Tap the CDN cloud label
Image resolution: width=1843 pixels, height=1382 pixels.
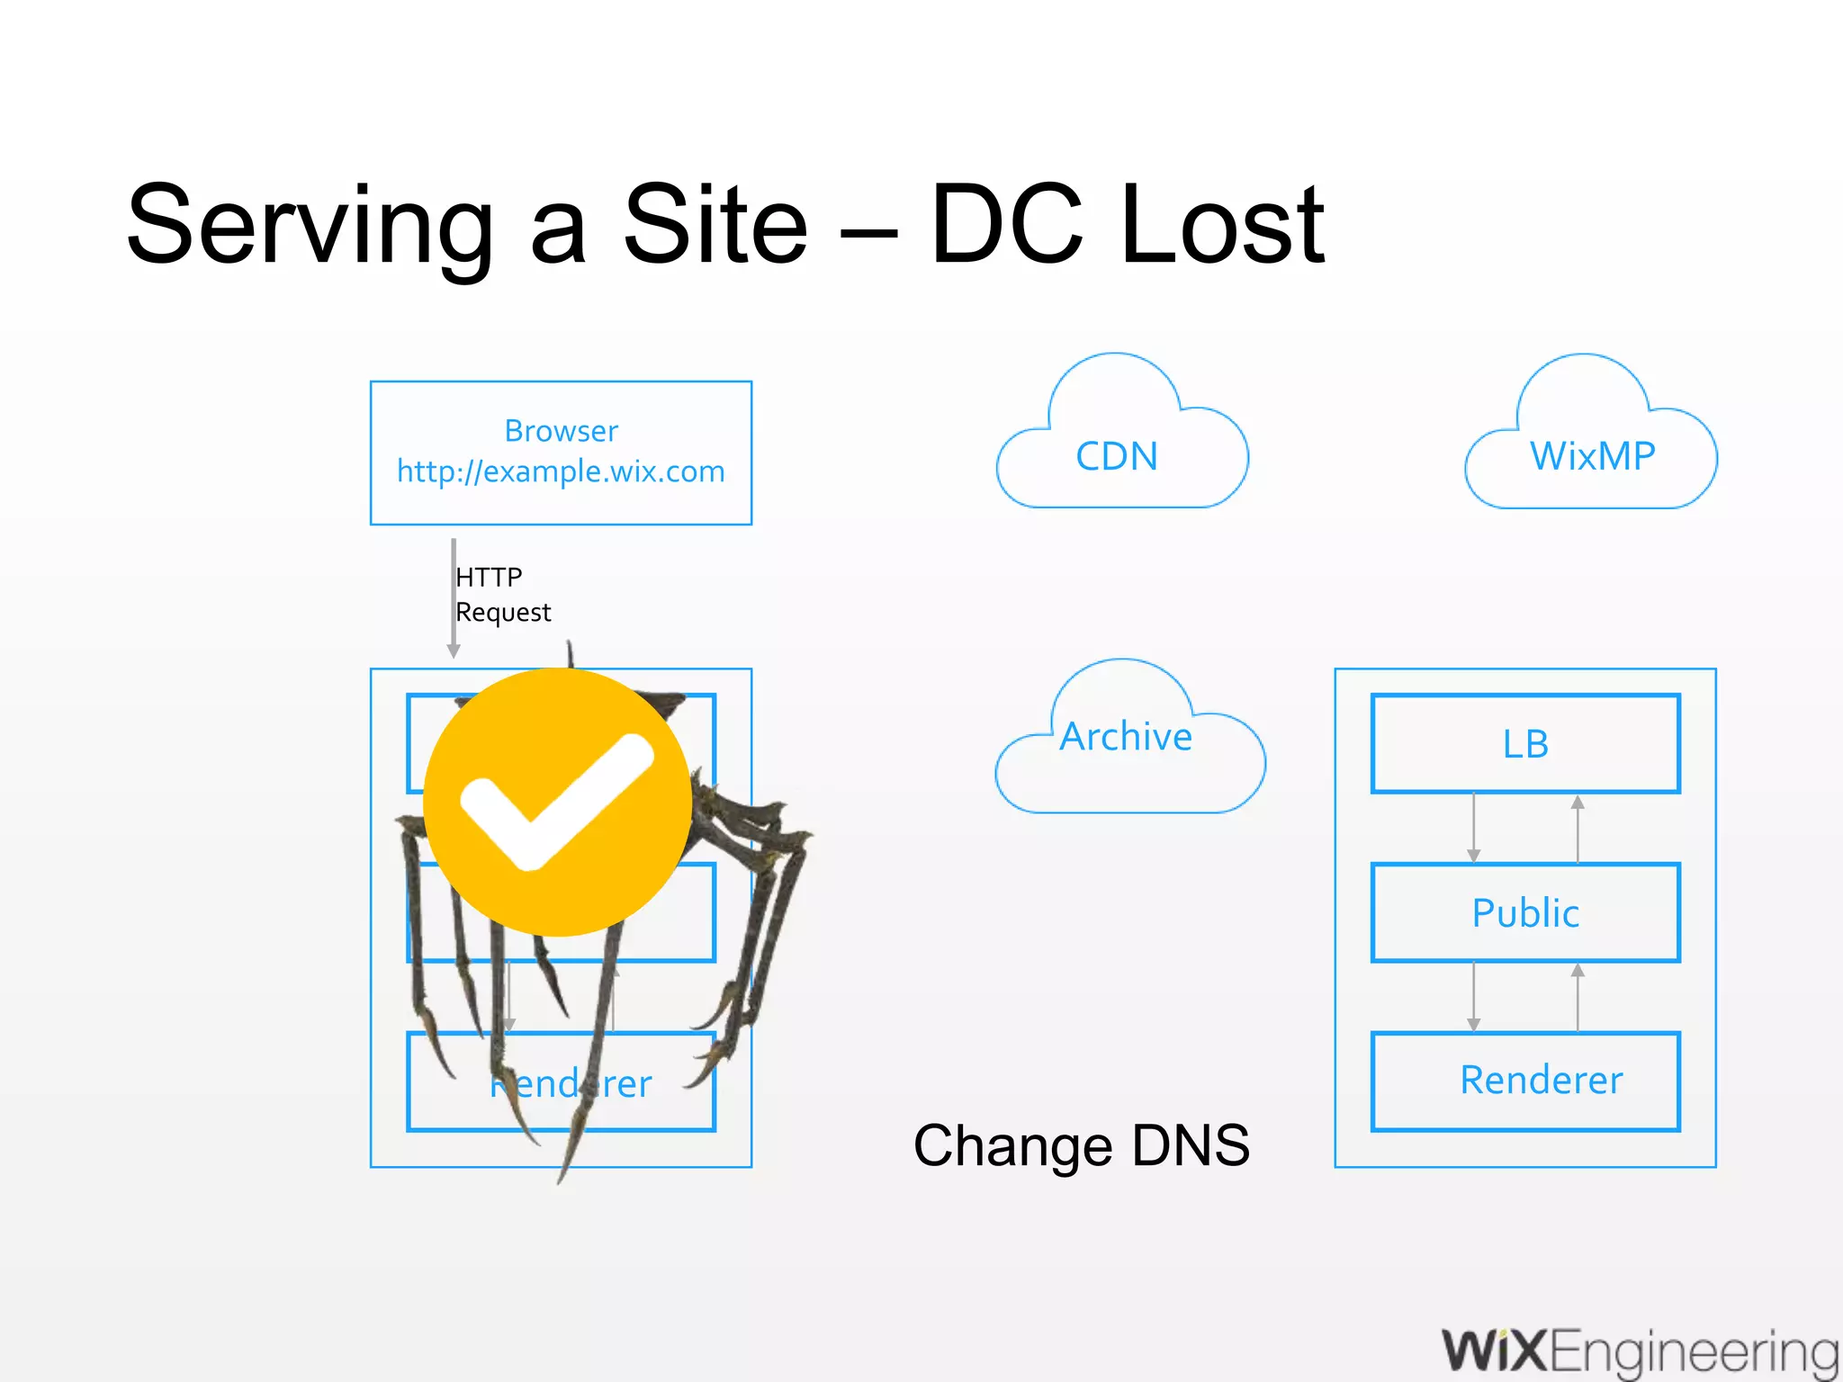click(1117, 456)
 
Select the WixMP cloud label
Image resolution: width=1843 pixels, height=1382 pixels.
click(1592, 456)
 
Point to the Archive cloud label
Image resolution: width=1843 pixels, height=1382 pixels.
click(1126, 737)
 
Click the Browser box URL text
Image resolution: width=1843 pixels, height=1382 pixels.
click(561, 471)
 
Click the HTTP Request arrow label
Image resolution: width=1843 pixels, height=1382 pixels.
click(502, 595)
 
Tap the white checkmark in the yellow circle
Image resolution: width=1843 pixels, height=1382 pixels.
click(556, 801)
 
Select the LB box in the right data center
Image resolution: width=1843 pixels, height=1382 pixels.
click(1525, 744)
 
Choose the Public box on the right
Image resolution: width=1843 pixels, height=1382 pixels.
click(1525, 913)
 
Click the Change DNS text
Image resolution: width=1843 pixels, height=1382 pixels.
click(1081, 1146)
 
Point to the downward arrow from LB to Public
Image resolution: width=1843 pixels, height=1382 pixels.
click(1473, 828)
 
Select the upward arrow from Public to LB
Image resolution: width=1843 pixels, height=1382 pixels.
click(1578, 828)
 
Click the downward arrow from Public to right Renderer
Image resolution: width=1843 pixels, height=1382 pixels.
click(1473, 997)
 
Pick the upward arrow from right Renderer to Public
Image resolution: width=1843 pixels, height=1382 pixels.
click(1578, 997)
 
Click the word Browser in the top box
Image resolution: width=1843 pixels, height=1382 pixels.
click(561, 431)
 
